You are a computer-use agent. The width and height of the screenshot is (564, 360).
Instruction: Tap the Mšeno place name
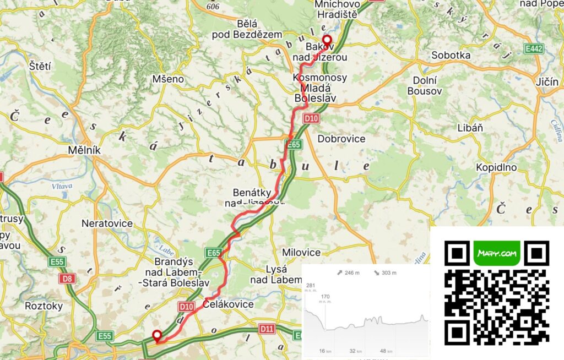click(168, 79)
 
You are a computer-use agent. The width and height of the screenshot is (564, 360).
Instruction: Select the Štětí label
click(40, 67)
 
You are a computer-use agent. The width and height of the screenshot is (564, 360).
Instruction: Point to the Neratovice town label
click(107, 223)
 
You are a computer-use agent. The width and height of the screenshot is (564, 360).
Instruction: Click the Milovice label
click(301, 253)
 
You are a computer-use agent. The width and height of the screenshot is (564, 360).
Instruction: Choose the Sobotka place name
click(451, 55)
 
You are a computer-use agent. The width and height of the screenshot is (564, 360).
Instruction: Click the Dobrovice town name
click(341, 139)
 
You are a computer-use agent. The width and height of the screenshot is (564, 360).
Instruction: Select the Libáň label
click(470, 128)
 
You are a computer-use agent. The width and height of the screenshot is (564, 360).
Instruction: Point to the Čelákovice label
click(229, 304)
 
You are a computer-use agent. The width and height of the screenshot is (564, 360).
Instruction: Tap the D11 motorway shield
click(267, 329)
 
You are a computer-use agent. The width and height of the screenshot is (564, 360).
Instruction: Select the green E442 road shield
click(534, 50)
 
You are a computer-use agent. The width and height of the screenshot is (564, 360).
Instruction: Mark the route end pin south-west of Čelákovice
click(157, 336)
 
